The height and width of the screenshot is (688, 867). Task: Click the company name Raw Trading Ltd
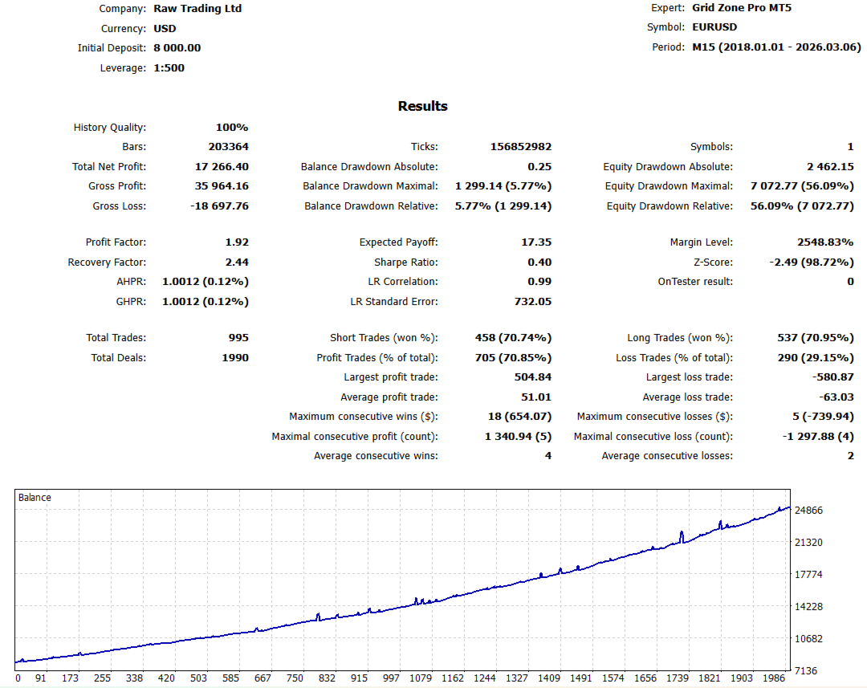(197, 9)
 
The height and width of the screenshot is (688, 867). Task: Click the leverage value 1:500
(169, 68)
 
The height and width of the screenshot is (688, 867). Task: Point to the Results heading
(423, 106)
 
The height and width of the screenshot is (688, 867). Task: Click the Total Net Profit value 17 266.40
(222, 167)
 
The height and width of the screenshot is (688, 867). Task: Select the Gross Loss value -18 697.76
(219, 206)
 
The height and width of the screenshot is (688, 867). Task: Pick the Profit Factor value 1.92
(237, 242)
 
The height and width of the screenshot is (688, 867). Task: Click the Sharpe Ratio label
(405, 263)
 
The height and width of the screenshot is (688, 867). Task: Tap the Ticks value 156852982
(521, 147)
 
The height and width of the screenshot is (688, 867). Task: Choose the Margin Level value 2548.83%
(822, 242)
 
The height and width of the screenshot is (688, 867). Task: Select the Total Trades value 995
(238, 338)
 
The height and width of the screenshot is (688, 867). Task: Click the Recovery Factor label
(107, 263)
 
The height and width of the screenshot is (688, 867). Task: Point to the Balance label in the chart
(35, 498)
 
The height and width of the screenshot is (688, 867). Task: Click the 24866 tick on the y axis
(808, 511)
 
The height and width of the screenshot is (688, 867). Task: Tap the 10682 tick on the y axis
(808, 639)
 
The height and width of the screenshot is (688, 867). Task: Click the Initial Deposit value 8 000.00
(177, 48)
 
